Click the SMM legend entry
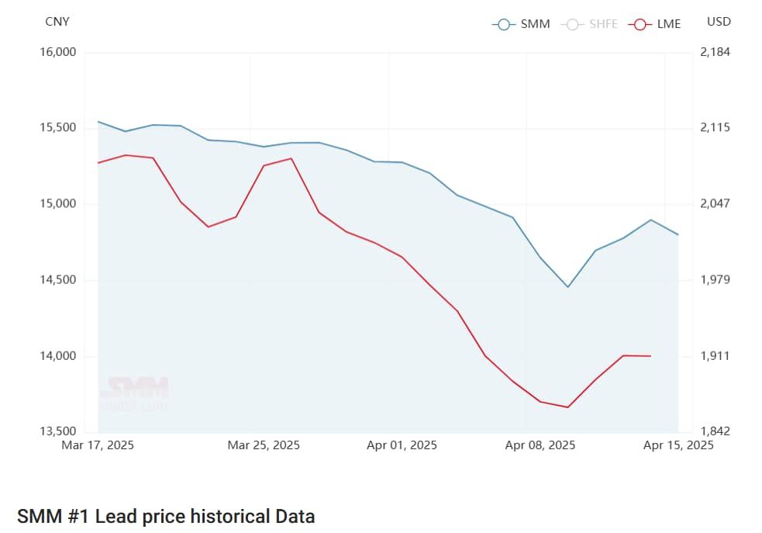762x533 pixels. click(521, 24)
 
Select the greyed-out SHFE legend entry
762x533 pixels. click(588, 24)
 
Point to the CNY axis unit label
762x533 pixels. click(57, 22)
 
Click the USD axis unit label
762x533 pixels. click(719, 22)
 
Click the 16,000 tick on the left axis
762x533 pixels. click(57, 52)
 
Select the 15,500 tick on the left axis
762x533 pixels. click(57, 128)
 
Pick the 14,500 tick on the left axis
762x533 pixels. click(57, 280)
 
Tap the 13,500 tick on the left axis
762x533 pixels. click(57, 432)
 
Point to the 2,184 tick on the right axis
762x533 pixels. click(715, 52)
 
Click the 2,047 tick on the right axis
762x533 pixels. click(715, 204)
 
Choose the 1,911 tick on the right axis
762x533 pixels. click(715, 356)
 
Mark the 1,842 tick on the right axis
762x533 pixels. click(715, 432)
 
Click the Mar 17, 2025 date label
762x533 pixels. click(98, 445)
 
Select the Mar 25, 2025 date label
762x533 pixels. click(264, 445)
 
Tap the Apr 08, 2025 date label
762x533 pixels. click(540, 445)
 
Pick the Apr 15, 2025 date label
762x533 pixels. click(678, 445)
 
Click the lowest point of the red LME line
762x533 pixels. click(568, 407)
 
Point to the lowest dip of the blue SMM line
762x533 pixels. click(568, 287)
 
